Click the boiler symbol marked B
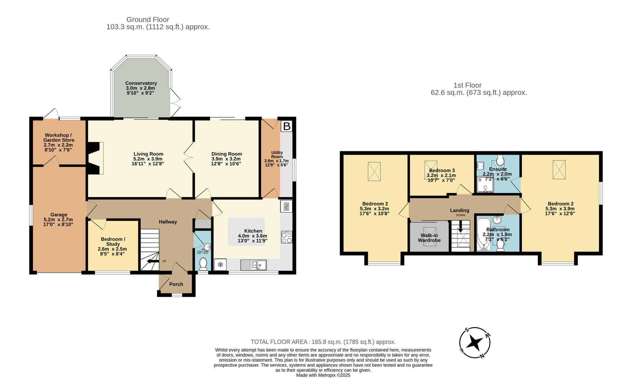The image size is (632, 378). point(287,126)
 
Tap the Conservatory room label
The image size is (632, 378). point(141,83)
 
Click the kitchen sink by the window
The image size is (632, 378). point(253,265)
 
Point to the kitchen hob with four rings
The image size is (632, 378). point(286,238)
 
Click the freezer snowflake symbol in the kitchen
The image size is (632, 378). point(220,265)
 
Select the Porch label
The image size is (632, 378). point(176,284)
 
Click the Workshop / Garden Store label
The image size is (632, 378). point(58,138)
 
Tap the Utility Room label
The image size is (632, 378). point(277,155)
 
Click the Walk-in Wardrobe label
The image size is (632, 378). point(429,238)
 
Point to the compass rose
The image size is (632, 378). point(475,343)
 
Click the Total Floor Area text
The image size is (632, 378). point(323,342)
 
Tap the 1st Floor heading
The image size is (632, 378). point(468,85)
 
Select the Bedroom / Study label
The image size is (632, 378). point(113,241)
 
